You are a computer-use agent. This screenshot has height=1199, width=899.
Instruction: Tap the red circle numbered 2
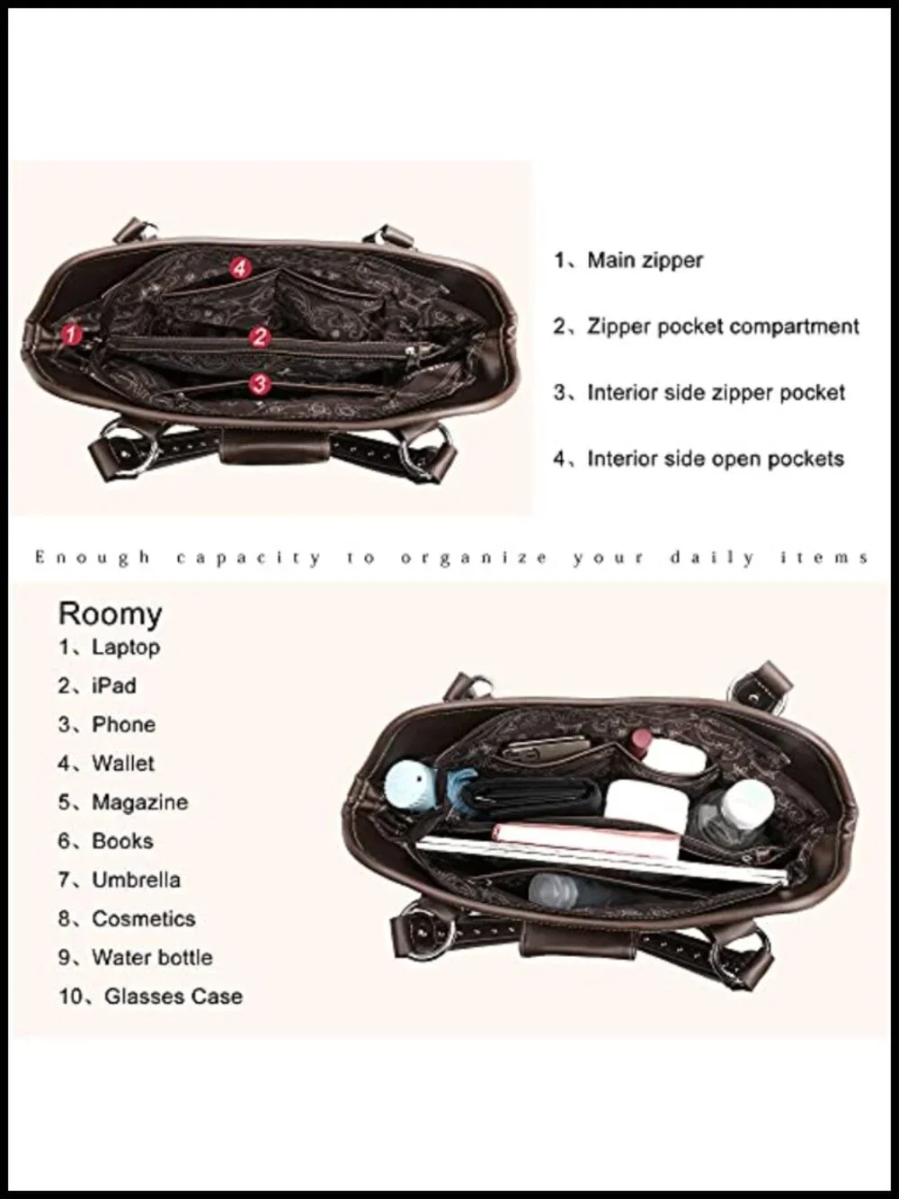pos(260,336)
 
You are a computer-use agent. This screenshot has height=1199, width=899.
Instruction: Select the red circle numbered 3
pos(259,384)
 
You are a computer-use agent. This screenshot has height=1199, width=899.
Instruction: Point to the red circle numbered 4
pos(240,268)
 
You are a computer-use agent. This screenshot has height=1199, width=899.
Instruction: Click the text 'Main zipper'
pos(645,261)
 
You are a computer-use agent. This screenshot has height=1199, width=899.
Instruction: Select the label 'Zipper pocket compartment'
pos(723,327)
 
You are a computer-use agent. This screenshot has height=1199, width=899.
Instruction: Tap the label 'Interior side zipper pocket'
pos(717,393)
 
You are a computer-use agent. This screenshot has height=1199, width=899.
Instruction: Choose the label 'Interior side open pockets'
pos(716,459)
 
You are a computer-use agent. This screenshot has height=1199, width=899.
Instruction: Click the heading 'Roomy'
pos(111,614)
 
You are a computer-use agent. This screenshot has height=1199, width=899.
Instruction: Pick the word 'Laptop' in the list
pos(126,648)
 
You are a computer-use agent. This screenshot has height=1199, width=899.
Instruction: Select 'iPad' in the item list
pos(114,685)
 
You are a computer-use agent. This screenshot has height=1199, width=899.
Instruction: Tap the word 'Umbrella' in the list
pos(137,880)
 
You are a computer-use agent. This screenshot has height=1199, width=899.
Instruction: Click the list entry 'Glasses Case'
pos(174,997)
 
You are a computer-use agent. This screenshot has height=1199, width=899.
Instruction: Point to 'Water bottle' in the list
pos(152,958)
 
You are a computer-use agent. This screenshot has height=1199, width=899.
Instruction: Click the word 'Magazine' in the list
pos(140,802)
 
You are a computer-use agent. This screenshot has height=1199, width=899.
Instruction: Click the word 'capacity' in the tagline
pos(249,559)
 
